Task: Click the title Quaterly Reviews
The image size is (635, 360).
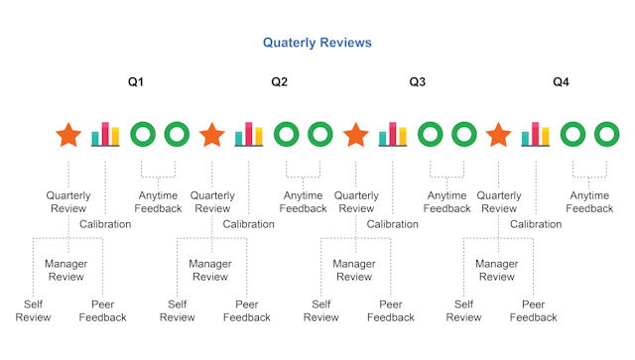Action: tap(317, 43)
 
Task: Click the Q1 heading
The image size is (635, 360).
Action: tap(136, 81)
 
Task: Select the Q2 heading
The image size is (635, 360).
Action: tap(280, 81)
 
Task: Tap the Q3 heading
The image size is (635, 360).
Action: tap(418, 81)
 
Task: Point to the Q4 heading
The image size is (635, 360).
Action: tap(562, 81)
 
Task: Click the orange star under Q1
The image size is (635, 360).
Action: tap(68, 134)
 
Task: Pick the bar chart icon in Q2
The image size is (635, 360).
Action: tap(248, 134)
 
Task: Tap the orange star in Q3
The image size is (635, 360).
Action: tap(355, 134)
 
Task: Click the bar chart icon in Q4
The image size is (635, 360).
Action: tap(535, 134)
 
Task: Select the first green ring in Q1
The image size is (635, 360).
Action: tap(143, 134)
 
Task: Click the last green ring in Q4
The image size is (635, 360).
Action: tap(606, 134)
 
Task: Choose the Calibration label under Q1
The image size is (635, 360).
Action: tap(105, 224)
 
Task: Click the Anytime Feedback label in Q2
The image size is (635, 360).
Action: tap(303, 202)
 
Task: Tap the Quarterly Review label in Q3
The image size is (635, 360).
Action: tap(356, 202)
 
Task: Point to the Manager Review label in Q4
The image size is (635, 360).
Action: tap(497, 270)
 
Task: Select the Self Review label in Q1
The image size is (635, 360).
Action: tap(34, 310)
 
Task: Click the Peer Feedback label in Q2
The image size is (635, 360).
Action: tap(246, 310)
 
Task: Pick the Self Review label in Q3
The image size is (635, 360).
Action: tap(320, 310)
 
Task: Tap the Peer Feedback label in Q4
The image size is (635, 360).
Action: tap(533, 310)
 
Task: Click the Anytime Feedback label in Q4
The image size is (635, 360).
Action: tap(590, 202)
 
